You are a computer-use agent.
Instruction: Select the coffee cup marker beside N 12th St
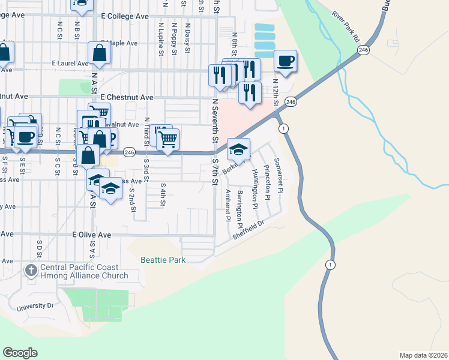(286, 61)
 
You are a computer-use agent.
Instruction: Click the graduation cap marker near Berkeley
(239, 149)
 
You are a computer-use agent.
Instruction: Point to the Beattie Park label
(163, 260)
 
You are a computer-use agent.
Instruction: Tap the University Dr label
(35, 307)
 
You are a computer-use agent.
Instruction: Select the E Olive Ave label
(92, 235)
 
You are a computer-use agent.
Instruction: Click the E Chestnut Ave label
(127, 97)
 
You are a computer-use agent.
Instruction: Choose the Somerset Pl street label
(277, 170)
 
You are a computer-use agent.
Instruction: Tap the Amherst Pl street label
(228, 205)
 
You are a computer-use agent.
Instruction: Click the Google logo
(20, 353)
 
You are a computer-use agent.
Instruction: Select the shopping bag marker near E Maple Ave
(99, 54)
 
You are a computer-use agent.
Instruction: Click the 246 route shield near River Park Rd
(363, 50)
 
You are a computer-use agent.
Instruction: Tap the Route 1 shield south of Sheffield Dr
(329, 265)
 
